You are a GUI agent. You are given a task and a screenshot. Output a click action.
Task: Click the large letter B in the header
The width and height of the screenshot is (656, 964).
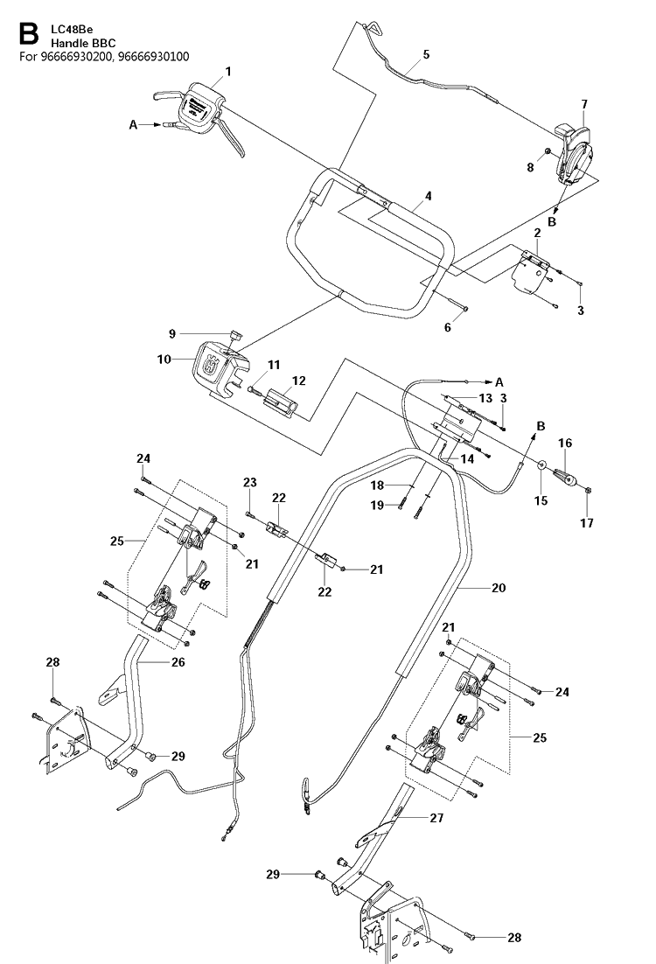point(28,34)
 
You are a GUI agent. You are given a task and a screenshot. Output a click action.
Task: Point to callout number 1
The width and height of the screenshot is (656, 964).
point(228,72)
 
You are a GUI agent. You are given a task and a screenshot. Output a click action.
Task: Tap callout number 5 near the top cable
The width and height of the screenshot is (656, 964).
point(426,55)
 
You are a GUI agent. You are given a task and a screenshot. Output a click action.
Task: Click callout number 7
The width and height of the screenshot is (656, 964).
point(584,104)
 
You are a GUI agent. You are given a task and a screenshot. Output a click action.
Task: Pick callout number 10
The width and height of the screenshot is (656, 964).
point(164,359)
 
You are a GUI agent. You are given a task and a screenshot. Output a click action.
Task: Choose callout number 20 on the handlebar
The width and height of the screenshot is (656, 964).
point(499,588)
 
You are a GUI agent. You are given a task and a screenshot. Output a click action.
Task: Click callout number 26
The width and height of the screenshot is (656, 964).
point(178,662)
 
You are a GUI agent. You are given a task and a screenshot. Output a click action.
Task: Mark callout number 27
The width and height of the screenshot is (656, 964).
point(436,818)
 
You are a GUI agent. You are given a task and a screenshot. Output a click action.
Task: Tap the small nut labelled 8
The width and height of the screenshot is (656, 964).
point(546,152)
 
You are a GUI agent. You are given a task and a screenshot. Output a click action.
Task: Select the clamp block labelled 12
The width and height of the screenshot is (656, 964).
point(281,401)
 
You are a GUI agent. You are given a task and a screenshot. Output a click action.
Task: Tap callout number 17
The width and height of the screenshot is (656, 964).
point(587,522)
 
